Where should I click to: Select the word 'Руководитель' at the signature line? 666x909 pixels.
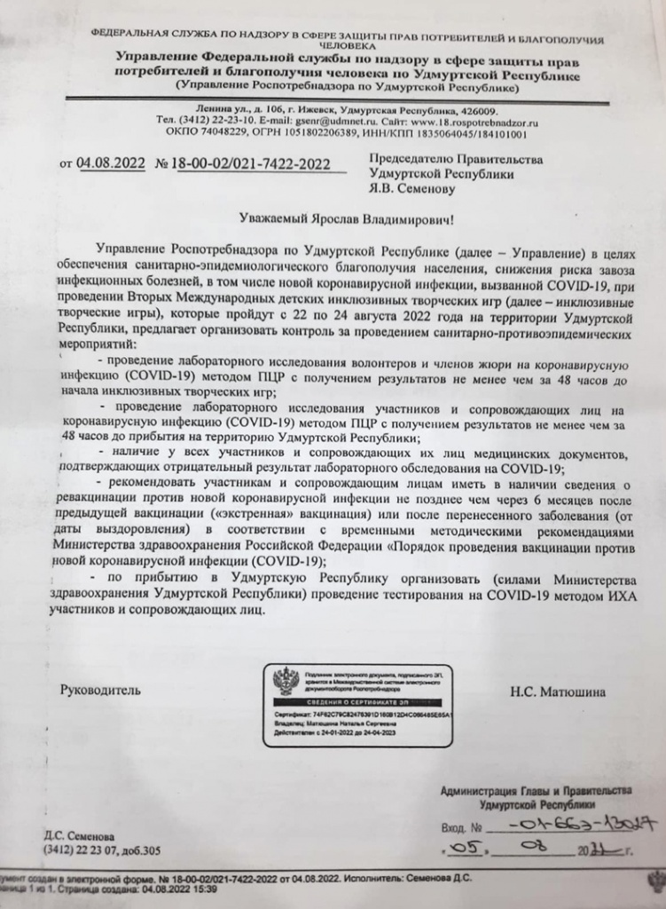(100, 690)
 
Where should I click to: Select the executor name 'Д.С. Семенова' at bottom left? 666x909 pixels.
(79, 836)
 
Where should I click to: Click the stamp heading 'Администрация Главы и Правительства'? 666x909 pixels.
(536, 790)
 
